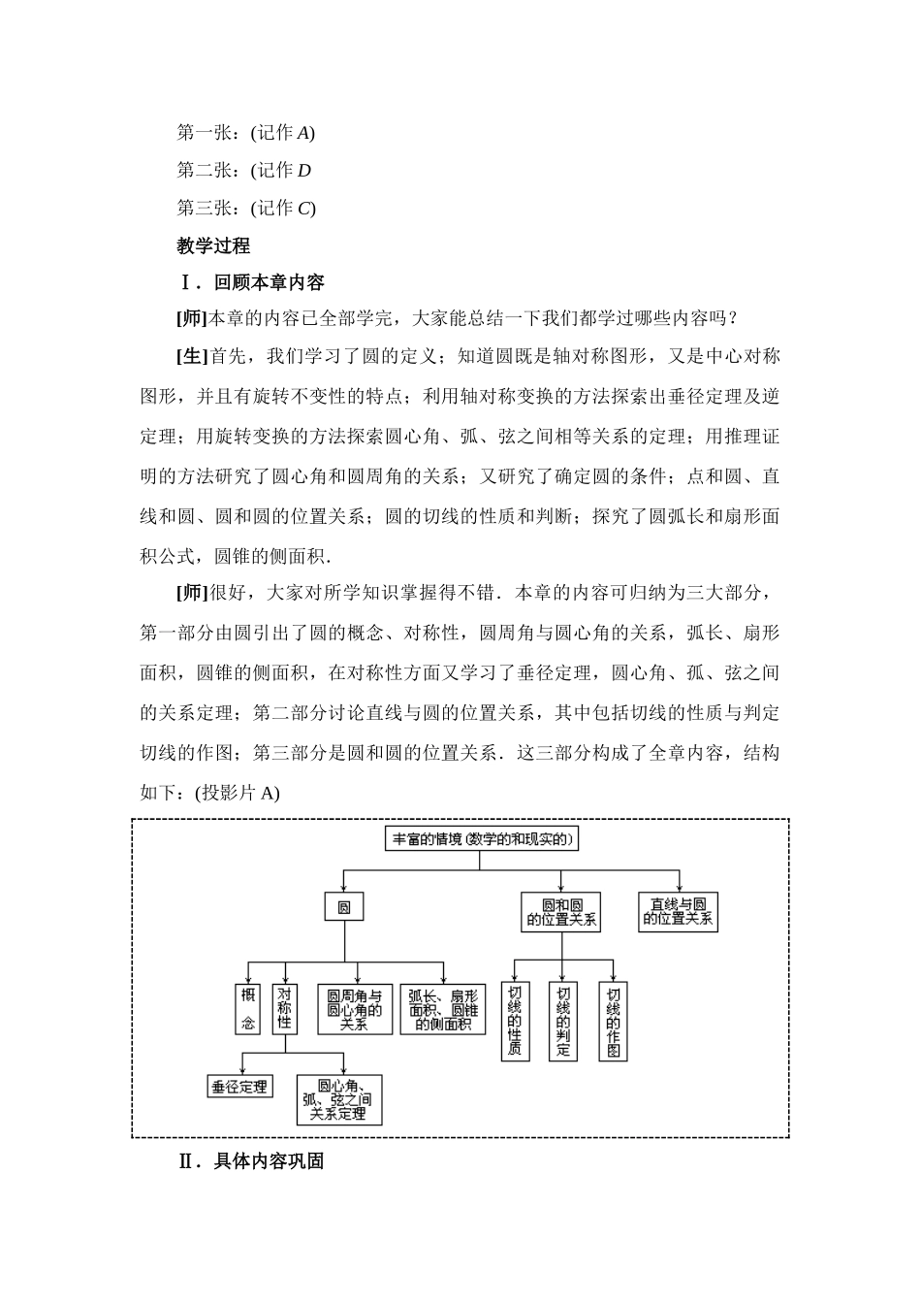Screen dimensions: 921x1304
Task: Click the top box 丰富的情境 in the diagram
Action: click(x=482, y=838)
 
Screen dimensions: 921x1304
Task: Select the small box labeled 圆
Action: click(x=343, y=907)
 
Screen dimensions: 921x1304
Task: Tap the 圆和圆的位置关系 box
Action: click(x=561, y=911)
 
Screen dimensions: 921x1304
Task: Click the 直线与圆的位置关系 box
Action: click(x=679, y=911)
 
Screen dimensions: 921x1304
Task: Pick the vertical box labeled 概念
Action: click(x=248, y=1009)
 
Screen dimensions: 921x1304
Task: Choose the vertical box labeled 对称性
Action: click(x=284, y=1009)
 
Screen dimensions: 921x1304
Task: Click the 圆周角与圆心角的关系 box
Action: click(x=354, y=1009)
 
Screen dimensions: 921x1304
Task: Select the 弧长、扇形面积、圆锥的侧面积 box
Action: click(x=442, y=1009)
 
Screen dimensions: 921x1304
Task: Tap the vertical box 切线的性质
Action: click(x=515, y=1022)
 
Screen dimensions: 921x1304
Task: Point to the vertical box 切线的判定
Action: click(x=563, y=1022)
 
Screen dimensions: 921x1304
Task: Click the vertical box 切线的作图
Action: click(x=613, y=1022)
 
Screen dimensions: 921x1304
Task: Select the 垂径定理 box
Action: click(x=239, y=1087)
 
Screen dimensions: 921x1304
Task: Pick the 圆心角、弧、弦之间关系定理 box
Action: click(x=338, y=1099)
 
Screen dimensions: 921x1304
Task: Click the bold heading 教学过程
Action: click(x=213, y=245)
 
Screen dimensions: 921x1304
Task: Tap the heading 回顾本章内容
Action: click(x=269, y=282)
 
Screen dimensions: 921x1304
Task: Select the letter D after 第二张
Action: click(x=303, y=171)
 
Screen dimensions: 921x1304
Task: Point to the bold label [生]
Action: click(x=192, y=356)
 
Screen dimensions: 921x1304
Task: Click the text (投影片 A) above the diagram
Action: click(x=238, y=793)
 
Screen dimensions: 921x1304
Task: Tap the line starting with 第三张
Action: click(x=245, y=208)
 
